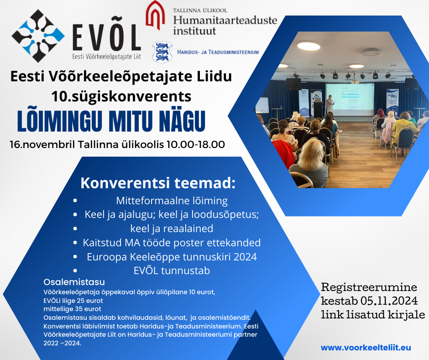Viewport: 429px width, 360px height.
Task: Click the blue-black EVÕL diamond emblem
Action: [38, 36]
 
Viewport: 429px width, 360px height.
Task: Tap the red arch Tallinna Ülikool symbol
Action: [155, 15]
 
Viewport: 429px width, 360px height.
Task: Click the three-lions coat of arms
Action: [162, 53]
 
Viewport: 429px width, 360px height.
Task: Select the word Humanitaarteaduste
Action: [225, 20]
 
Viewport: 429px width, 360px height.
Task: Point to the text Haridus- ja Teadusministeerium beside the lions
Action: [218, 52]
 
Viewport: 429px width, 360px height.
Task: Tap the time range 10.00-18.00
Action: [196, 144]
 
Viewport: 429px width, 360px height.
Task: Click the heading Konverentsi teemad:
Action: [158, 183]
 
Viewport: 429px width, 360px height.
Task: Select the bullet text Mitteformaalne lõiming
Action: [172, 201]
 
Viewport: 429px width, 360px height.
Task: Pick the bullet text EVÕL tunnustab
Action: [172, 270]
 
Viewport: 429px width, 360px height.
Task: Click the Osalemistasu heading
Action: [74, 282]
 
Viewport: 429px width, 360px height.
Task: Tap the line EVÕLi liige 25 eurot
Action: [73, 301]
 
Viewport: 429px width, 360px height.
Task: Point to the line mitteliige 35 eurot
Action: [72, 309]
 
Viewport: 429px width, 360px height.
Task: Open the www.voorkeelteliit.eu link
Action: [366, 348]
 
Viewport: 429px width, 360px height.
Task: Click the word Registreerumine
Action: [369, 287]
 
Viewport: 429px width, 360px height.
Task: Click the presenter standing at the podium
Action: [330, 104]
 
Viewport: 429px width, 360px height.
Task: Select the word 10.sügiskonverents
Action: [121, 97]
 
